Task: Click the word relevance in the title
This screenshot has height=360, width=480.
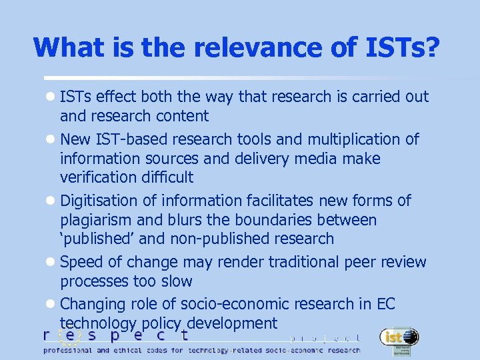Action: (x=247, y=47)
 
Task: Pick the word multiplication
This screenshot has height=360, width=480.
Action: (x=348, y=139)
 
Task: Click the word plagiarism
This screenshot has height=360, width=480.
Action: (x=100, y=220)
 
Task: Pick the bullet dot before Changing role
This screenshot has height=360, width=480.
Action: (x=52, y=305)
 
